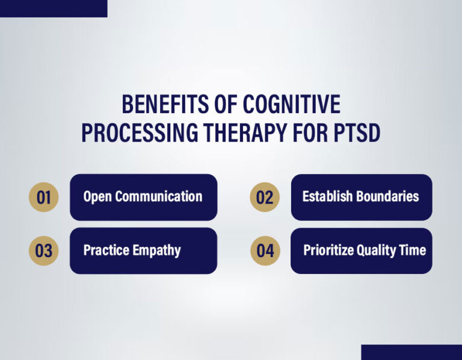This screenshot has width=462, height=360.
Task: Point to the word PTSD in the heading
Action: tap(356, 133)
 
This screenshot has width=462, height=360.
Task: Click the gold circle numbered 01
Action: tap(44, 197)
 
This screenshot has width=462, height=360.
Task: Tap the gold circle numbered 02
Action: tap(265, 197)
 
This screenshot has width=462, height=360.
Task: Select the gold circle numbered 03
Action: tap(44, 250)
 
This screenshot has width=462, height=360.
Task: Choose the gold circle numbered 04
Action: tap(265, 250)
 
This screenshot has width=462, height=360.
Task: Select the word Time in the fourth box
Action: tap(414, 250)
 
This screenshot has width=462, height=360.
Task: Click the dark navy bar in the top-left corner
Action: tap(54, 8)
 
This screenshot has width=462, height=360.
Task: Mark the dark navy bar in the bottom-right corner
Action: tap(411, 352)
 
